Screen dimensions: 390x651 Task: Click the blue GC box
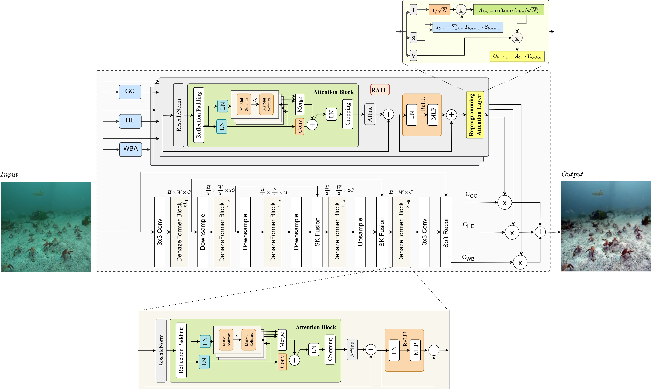coord(130,92)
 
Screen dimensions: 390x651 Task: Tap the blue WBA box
coord(130,149)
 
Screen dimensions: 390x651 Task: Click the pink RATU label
coord(380,90)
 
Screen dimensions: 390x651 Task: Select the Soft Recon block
coord(446,232)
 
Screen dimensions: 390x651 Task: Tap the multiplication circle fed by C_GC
coord(505,203)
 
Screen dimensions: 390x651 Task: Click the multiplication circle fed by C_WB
coord(520,262)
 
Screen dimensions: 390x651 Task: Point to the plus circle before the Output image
coord(540,232)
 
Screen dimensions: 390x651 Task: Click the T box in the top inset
coord(413,10)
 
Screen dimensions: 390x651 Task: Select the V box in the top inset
coord(413,56)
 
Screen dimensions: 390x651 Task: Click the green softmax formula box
coord(508,10)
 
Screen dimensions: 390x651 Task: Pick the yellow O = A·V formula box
coord(517,56)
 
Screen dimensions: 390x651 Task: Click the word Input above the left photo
coord(9,174)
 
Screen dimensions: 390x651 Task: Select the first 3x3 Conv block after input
coord(159,232)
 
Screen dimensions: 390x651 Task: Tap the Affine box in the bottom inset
coord(352,349)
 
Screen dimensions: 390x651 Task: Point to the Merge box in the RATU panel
coord(300,104)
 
